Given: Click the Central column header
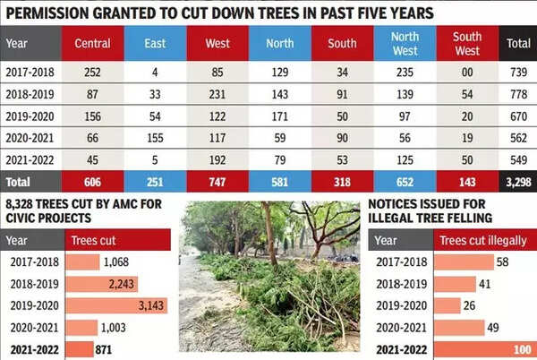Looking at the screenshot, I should click(x=93, y=43).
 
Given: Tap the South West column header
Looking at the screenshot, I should click(x=466, y=43).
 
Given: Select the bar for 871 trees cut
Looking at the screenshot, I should click(x=81, y=350).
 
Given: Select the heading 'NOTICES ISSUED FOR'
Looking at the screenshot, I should click(x=430, y=205).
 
